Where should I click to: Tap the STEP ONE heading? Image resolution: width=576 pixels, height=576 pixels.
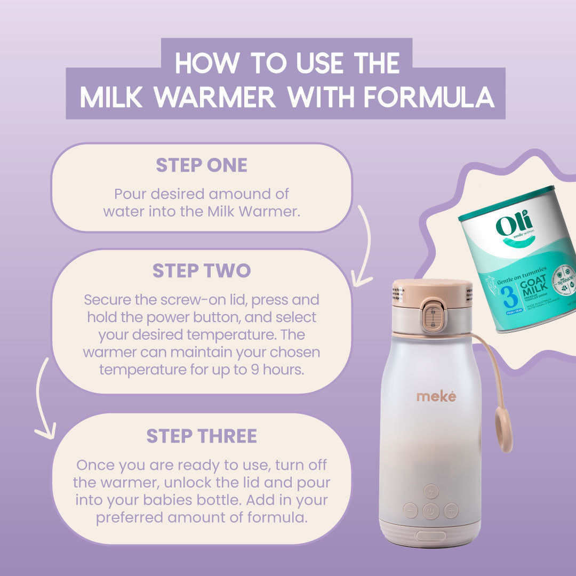click(202, 165)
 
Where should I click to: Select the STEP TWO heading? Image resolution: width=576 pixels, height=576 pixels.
click(202, 271)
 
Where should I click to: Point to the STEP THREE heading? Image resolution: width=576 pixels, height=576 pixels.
click(202, 436)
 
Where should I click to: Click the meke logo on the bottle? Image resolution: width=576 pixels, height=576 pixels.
click(436, 396)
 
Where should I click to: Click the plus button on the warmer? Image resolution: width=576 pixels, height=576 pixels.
click(451, 510)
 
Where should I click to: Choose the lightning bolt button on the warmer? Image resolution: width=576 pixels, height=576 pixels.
click(431, 491)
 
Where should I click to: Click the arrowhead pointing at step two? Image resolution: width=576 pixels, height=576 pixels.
click(363, 278)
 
